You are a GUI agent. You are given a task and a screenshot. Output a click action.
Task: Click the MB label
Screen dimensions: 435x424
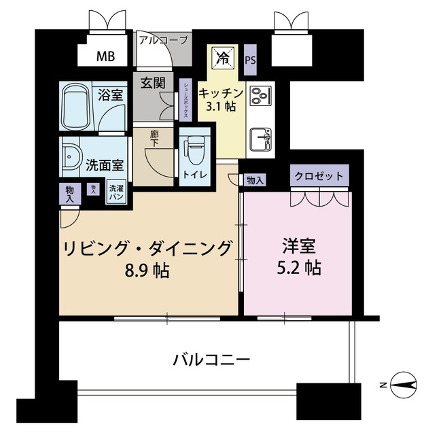105,56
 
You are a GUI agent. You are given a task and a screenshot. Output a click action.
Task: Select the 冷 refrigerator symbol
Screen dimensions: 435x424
222,57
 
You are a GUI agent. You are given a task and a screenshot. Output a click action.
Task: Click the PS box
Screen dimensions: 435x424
251,58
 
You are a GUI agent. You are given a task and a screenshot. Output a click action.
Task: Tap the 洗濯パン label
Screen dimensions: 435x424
117,192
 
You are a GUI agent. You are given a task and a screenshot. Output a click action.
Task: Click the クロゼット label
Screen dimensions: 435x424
319,176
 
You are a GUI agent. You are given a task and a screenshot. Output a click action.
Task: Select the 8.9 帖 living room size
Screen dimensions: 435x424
145,270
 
